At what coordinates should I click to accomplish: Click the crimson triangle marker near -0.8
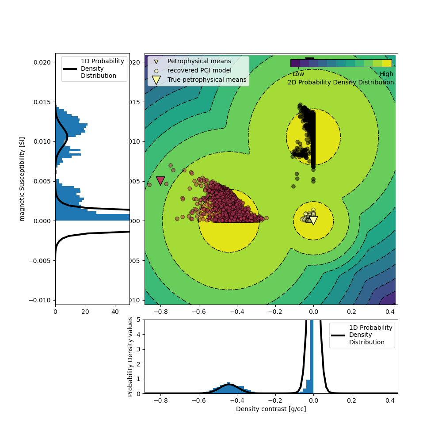[x=160, y=180]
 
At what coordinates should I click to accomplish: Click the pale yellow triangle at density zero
[x=313, y=220]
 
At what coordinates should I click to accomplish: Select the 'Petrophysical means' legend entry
[x=199, y=61]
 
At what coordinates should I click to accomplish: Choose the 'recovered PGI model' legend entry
[x=199, y=70]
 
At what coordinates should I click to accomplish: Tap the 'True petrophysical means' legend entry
[x=207, y=80]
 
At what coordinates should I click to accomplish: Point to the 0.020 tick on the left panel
[x=42, y=62]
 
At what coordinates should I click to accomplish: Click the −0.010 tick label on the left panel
[x=41, y=300]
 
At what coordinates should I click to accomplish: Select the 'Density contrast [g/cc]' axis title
[x=271, y=409]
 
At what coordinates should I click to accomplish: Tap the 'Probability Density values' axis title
[x=130, y=356]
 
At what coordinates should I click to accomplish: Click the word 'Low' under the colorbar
[x=298, y=74]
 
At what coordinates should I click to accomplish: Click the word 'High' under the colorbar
[x=386, y=74]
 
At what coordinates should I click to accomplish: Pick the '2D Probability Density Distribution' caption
[x=341, y=82]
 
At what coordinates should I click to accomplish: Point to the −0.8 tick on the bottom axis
[x=160, y=400]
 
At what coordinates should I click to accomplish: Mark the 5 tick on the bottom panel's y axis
[x=139, y=320]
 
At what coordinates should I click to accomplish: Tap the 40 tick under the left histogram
[x=115, y=312]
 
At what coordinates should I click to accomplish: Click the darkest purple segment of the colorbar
[x=295, y=63]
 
